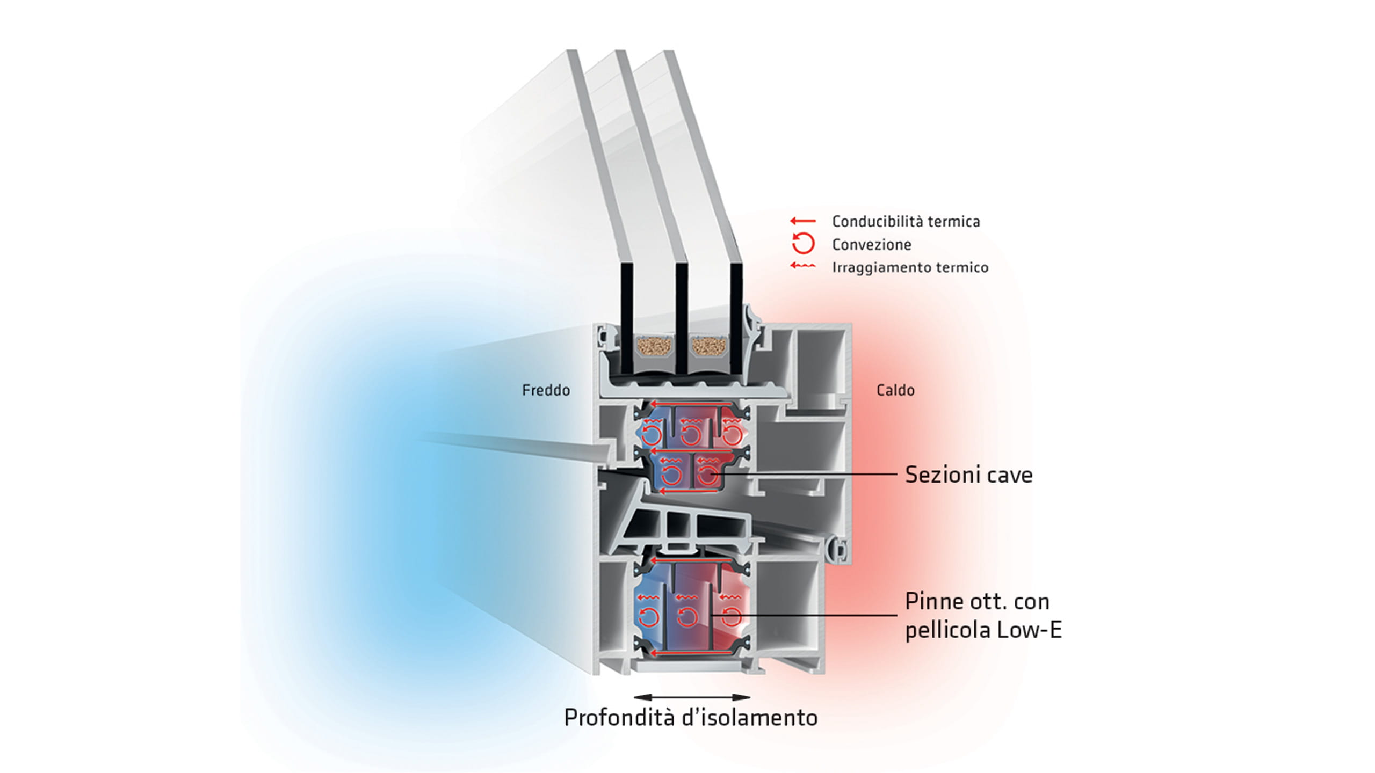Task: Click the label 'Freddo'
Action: coord(546,390)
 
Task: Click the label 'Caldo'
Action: coord(895,390)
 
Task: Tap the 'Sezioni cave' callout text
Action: coord(968,475)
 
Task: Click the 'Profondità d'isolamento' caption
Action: coord(691,718)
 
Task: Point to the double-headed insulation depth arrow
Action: coord(692,697)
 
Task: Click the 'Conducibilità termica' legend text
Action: coord(906,222)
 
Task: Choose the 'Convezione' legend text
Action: coord(872,245)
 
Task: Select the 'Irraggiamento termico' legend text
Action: coord(910,267)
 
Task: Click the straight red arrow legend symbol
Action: coord(803,221)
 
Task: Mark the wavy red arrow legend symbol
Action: coord(803,266)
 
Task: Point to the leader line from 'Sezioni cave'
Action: coord(806,475)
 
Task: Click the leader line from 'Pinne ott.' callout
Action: coord(806,615)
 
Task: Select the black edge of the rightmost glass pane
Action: coord(736,317)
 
